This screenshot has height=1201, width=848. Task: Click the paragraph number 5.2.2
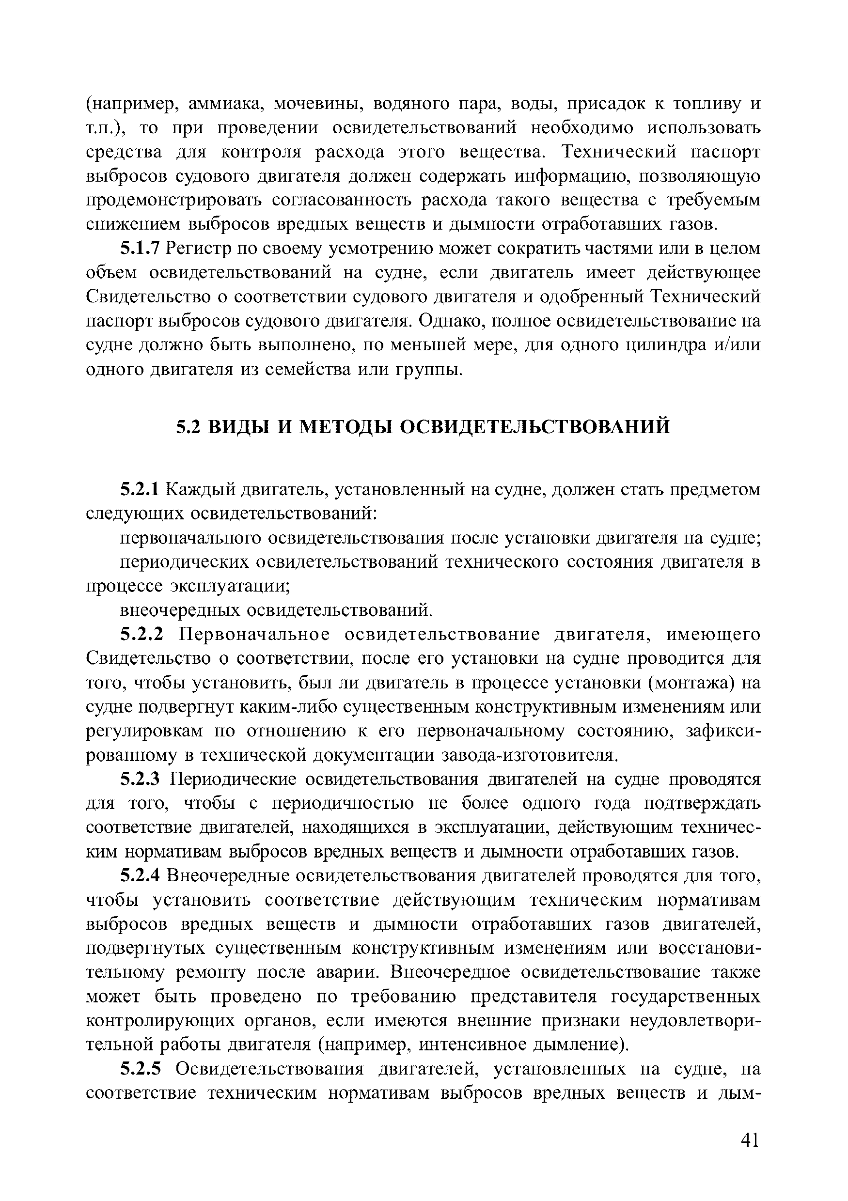[142, 635]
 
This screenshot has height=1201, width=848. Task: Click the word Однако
[446, 321]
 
